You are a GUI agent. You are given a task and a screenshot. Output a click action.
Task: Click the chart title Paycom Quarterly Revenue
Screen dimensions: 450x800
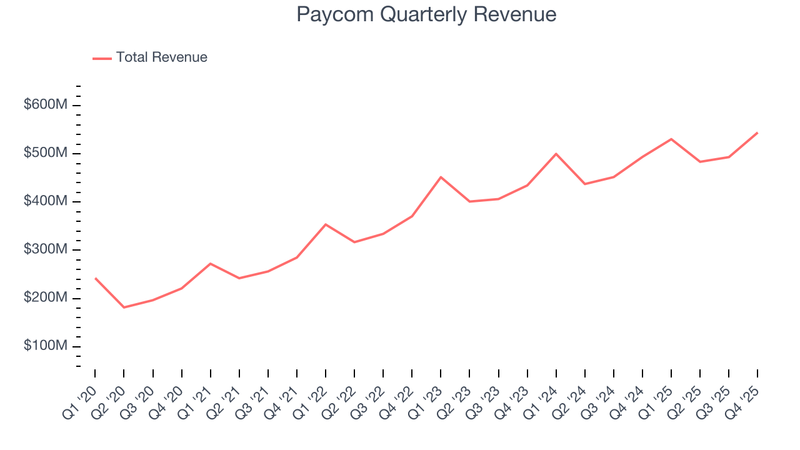point(426,14)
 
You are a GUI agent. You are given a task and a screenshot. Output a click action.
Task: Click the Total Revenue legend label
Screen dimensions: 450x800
point(161,57)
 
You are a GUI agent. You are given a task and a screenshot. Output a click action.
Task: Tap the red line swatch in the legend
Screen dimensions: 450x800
point(102,58)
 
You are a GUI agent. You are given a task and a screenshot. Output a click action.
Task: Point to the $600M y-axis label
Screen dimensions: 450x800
point(45,105)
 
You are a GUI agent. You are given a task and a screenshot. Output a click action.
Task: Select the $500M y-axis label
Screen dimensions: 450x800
point(45,153)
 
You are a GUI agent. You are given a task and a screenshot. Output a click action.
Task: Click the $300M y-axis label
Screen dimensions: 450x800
point(45,250)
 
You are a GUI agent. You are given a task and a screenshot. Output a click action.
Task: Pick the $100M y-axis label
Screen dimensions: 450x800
point(45,346)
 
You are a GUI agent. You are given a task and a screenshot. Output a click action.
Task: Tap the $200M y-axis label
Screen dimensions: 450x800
point(45,298)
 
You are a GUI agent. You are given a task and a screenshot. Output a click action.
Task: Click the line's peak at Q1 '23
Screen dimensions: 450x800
point(441,177)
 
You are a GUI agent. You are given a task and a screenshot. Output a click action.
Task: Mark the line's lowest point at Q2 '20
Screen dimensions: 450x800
point(124,307)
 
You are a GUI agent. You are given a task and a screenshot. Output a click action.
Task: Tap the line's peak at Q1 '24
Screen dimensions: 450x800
point(556,154)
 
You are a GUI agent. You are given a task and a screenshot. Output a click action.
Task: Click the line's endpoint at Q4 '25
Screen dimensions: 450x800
point(757,132)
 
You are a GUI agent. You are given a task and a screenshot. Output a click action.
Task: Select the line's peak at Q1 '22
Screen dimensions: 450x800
point(326,224)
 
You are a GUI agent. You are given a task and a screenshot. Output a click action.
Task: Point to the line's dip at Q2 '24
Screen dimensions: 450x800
point(585,184)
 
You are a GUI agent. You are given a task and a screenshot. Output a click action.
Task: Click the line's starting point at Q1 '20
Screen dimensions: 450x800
point(95,278)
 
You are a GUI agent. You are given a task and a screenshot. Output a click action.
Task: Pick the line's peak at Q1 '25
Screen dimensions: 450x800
point(671,139)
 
